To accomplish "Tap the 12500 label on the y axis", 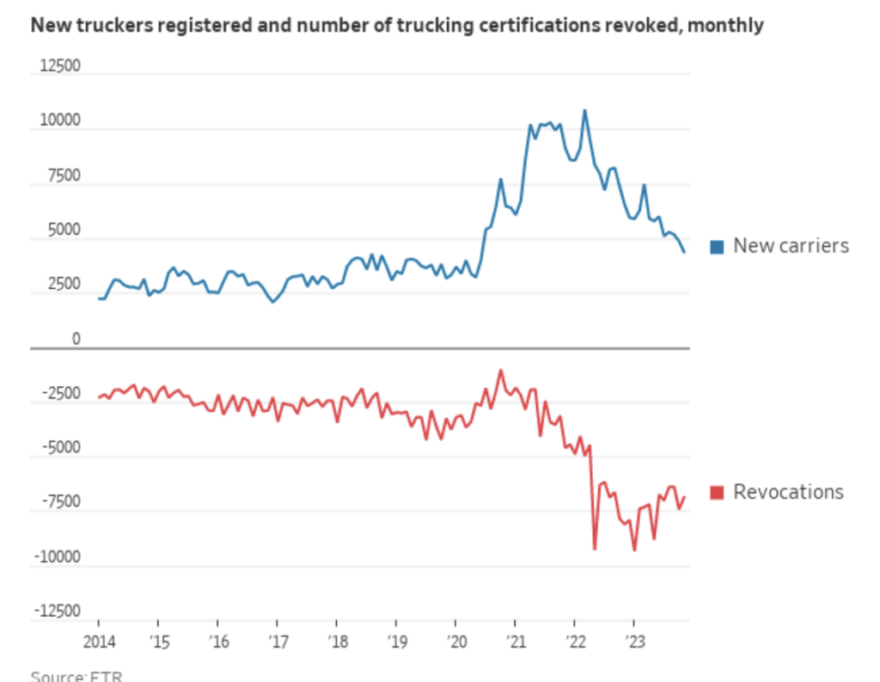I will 58,66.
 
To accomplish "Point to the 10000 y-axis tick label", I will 58,121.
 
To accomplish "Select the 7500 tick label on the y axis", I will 62,176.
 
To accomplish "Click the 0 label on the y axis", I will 76,340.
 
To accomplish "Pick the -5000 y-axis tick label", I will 58,448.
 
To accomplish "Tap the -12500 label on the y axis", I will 54,611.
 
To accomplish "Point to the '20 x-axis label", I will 455,642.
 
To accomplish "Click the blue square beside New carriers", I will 717,247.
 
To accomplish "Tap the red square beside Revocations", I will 717,493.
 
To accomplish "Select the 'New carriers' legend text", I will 791,246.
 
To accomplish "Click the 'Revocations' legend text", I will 788,492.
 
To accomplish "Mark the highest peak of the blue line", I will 585,110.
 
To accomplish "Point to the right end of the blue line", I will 685,253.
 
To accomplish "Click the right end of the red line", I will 685,496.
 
